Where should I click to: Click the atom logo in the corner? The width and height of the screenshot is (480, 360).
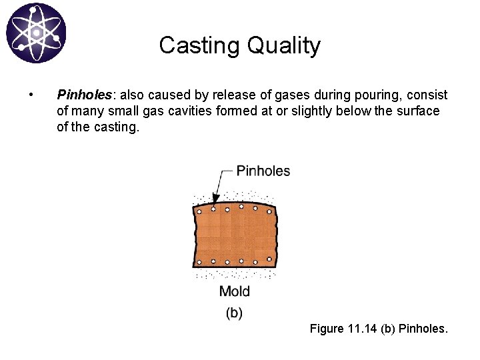(x=36, y=33)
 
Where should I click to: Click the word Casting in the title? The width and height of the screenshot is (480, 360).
(x=200, y=46)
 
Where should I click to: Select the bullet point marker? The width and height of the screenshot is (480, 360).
(x=31, y=95)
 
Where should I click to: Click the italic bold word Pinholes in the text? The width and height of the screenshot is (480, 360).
(x=81, y=95)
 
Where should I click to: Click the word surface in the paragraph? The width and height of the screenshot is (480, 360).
(x=418, y=111)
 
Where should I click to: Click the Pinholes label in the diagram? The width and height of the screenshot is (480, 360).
(x=263, y=171)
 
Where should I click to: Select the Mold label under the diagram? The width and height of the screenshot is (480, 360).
(x=234, y=291)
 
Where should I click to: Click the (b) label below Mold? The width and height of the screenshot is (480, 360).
(x=234, y=312)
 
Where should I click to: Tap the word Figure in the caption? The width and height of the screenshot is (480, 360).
(x=327, y=329)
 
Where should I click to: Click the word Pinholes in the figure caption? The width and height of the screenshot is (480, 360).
(x=423, y=329)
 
